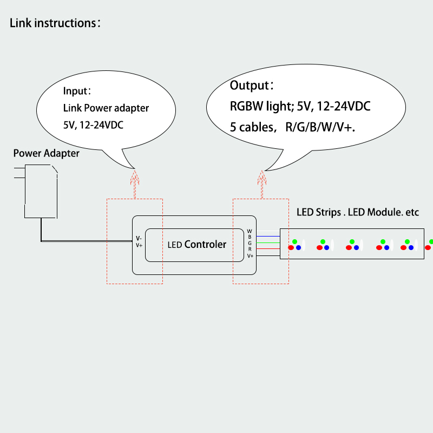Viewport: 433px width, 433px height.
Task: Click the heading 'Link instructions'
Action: tap(53, 23)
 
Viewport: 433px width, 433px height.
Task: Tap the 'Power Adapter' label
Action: tap(46, 153)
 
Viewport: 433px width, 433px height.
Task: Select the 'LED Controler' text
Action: tap(197, 245)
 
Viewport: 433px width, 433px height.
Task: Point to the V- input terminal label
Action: tap(139, 238)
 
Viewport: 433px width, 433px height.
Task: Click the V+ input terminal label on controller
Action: tap(139, 245)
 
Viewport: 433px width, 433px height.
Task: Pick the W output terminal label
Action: tap(250, 231)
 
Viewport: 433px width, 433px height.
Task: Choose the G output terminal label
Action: tap(250, 243)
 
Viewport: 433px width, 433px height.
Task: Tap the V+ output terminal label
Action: tap(250, 255)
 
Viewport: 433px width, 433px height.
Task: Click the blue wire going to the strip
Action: tap(268, 237)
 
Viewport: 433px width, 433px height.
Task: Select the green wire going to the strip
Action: tap(268, 243)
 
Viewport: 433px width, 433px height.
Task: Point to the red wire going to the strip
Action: tap(268, 249)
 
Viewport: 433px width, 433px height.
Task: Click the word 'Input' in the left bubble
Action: tap(76, 91)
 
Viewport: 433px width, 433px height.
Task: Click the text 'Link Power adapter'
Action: tap(106, 108)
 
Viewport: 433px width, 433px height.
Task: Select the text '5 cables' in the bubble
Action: tap(251, 128)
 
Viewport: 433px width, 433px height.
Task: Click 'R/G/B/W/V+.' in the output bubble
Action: tap(323, 128)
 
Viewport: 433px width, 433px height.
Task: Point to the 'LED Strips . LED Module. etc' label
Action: tap(358, 212)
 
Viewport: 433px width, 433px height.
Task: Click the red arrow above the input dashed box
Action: tap(135, 182)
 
